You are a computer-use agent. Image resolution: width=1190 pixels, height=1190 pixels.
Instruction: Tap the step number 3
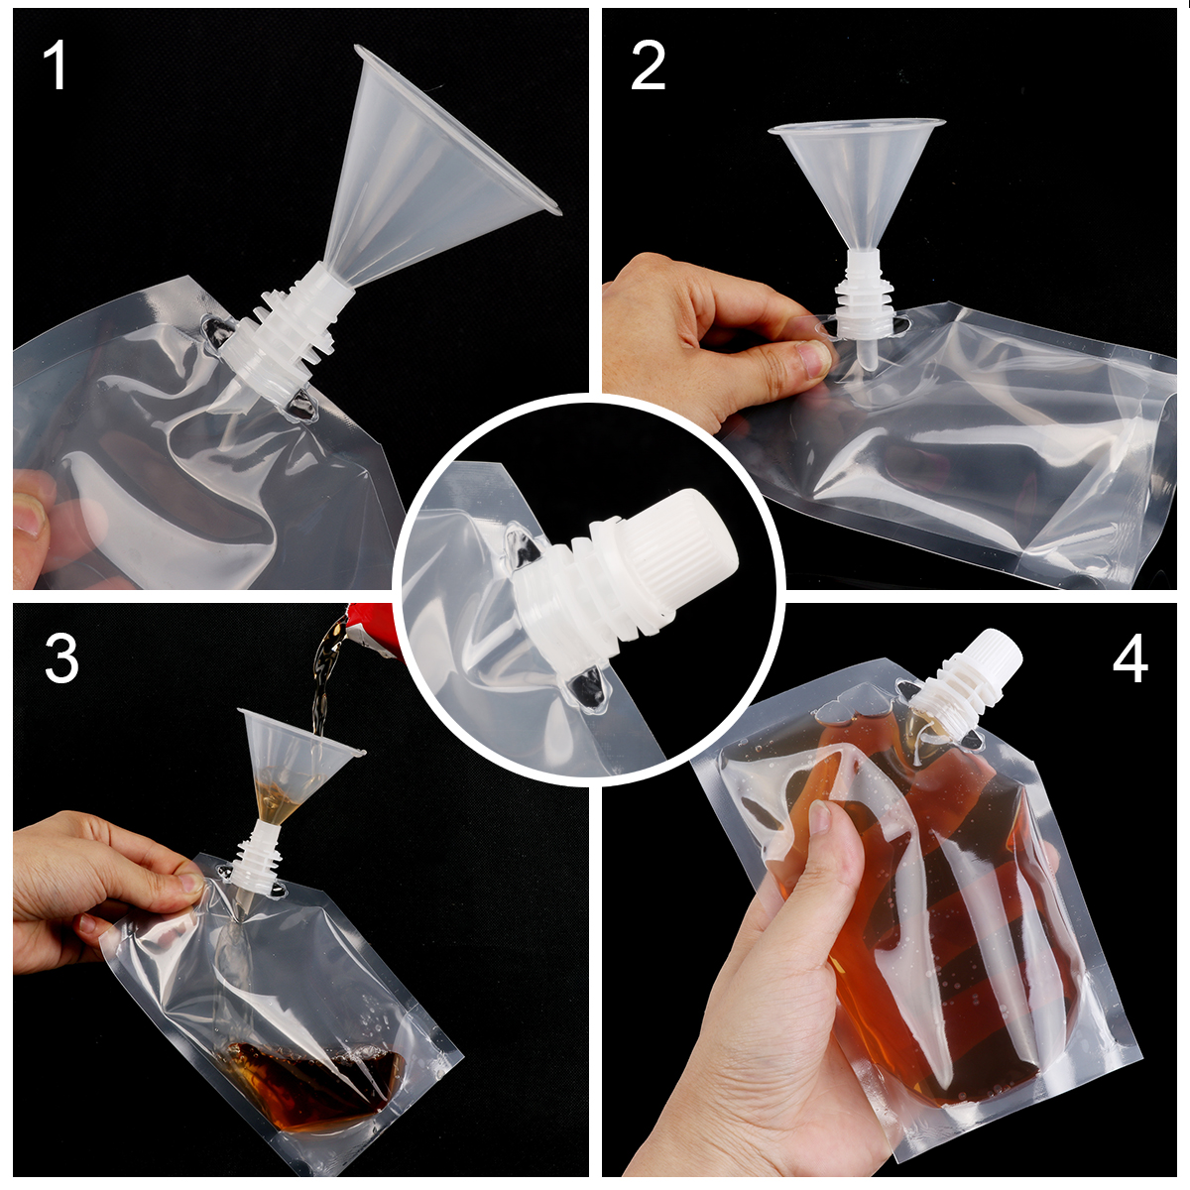(60, 657)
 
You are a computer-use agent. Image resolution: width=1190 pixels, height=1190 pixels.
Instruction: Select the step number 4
(1130, 657)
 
